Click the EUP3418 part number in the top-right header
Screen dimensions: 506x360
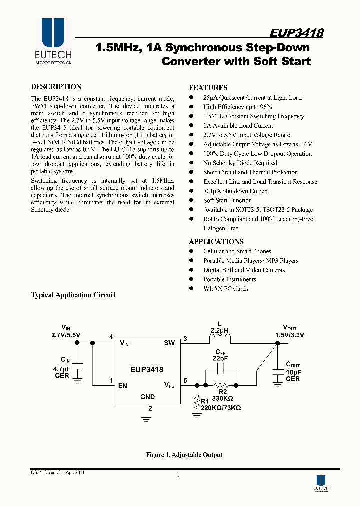(x=296, y=33)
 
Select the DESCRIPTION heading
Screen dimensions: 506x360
(x=56, y=87)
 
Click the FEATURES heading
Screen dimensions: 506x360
(x=208, y=87)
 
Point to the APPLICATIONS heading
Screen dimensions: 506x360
(x=216, y=241)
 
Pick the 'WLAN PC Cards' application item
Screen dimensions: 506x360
(x=225, y=288)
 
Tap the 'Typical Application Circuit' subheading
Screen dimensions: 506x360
(x=73, y=295)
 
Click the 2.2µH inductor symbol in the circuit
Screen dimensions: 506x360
(x=220, y=339)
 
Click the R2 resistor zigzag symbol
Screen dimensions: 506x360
(x=221, y=385)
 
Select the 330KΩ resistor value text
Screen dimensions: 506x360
(x=223, y=398)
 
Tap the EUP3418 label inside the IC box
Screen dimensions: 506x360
(x=144, y=370)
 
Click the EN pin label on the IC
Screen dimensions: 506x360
(x=123, y=385)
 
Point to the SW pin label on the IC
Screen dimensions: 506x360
(x=169, y=343)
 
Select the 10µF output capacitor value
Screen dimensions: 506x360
(x=293, y=372)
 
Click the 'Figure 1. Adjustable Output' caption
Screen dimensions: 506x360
(x=184, y=455)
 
